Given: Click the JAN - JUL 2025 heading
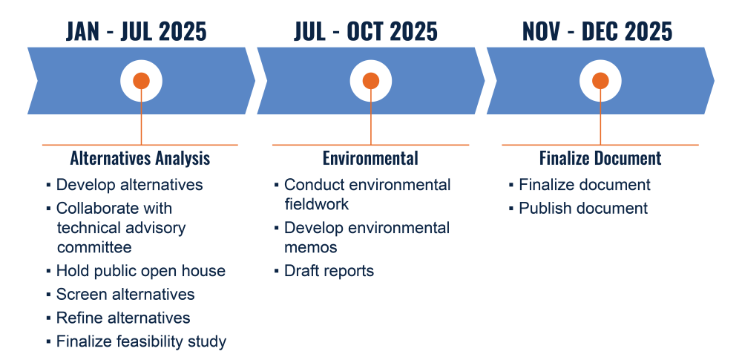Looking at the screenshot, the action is (x=137, y=31).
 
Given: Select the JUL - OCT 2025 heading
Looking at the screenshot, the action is (x=366, y=31).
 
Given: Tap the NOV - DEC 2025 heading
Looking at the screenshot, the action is (x=597, y=31).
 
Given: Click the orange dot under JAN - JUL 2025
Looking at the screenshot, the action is (x=141, y=80).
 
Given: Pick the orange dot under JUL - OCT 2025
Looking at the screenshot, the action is (x=370, y=80).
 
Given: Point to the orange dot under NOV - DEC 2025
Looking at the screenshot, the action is (x=600, y=80).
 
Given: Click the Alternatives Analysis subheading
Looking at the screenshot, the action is (x=140, y=158).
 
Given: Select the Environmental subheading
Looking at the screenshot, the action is (x=370, y=158).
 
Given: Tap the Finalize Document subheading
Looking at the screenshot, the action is (x=600, y=158).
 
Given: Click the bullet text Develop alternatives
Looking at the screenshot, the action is (x=130, y=184).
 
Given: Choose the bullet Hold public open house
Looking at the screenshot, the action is (x=141, y=271).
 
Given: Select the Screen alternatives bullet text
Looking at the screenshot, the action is (x=125, y=294).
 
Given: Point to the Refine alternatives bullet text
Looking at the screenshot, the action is (x=123, y=318).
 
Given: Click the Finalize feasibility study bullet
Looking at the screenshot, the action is (x=142, y=341).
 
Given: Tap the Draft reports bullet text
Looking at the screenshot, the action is (x=329, y=271).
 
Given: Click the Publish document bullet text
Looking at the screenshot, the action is (x=583, y=209).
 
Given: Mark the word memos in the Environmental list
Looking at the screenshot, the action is (x=311, y=247).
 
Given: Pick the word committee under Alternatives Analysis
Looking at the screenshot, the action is (x=94, y=247).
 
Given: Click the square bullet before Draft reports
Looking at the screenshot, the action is (x=276, y=272).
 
